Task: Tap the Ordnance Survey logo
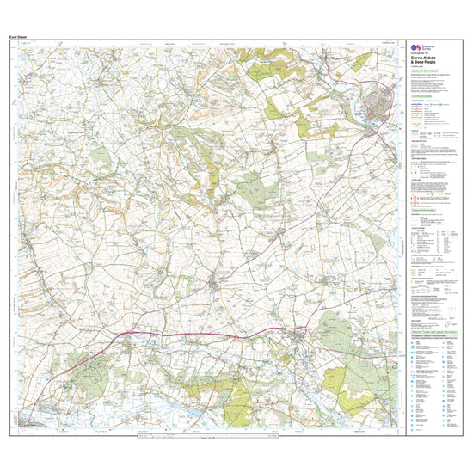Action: pyautogui.click(x=414, y=48)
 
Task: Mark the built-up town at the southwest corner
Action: pyautogui.click(x=31, y=422)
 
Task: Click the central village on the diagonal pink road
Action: pyautogui.click(x=215, y=282)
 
